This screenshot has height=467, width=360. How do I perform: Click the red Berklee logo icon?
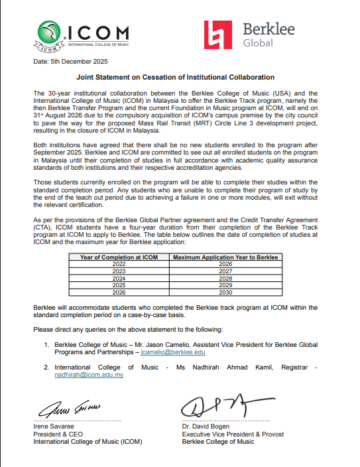(x=218, y=34)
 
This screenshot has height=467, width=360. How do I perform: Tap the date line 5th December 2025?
(x=70, y=62)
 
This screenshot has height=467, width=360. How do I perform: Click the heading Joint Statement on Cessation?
(x=180, y=78)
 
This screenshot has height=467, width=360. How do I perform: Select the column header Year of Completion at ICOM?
(x=119, y=257)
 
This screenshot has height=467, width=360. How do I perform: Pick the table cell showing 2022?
(x=119, y=263)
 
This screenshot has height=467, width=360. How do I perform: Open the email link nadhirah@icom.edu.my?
(x=89, y=375)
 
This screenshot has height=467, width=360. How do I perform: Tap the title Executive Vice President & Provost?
(x=233, y=434)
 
